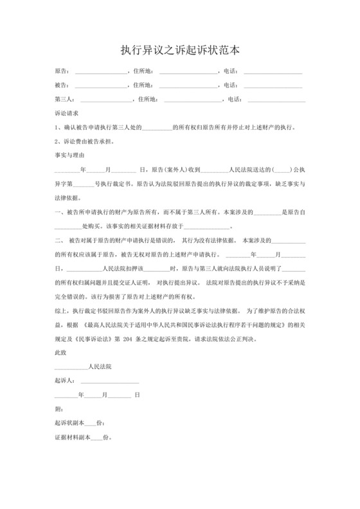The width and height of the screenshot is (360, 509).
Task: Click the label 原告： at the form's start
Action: pos(64,71)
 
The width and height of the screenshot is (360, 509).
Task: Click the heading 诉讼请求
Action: pos(67,113)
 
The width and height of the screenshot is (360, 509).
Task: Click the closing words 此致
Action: pos(61,353)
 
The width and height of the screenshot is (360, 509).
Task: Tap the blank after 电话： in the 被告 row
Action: pos(273,85)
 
